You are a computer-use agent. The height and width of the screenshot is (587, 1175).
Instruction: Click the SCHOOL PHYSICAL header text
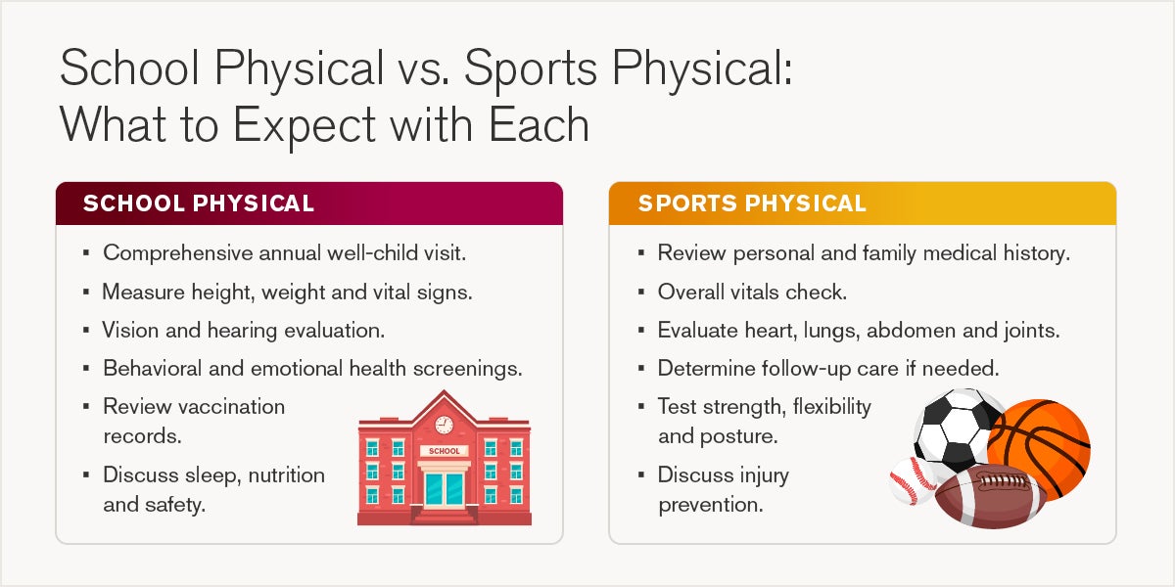pyautogui.click(x=199, y=203)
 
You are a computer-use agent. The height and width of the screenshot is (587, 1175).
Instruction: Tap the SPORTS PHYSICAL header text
pyautogui.click(x=752, y=203)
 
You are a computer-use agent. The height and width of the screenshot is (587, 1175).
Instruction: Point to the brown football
pyautogui.click(x=990, y=496)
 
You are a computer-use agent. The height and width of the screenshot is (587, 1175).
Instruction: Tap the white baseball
pyautogui.click(x=913, y=480)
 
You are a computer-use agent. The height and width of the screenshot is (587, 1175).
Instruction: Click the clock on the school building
pyautogui.click(x=444, y=425)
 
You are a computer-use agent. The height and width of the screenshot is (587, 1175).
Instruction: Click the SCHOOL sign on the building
pyautogui.click(x=445, y=451)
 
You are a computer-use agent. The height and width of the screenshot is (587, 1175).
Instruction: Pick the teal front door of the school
pyautogui.click(x=445, y=488)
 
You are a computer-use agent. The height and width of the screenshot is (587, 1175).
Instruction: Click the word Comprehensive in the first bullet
pyautogui.click(x=178, y=253)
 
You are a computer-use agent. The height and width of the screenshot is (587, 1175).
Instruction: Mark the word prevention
pyautogui.click(x=711, y=505)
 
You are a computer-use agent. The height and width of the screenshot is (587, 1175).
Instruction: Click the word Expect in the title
pyautogui.click(x=305, y=126)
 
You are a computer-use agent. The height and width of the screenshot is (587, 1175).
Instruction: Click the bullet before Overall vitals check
pyautogui.click(x=641, y=292)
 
